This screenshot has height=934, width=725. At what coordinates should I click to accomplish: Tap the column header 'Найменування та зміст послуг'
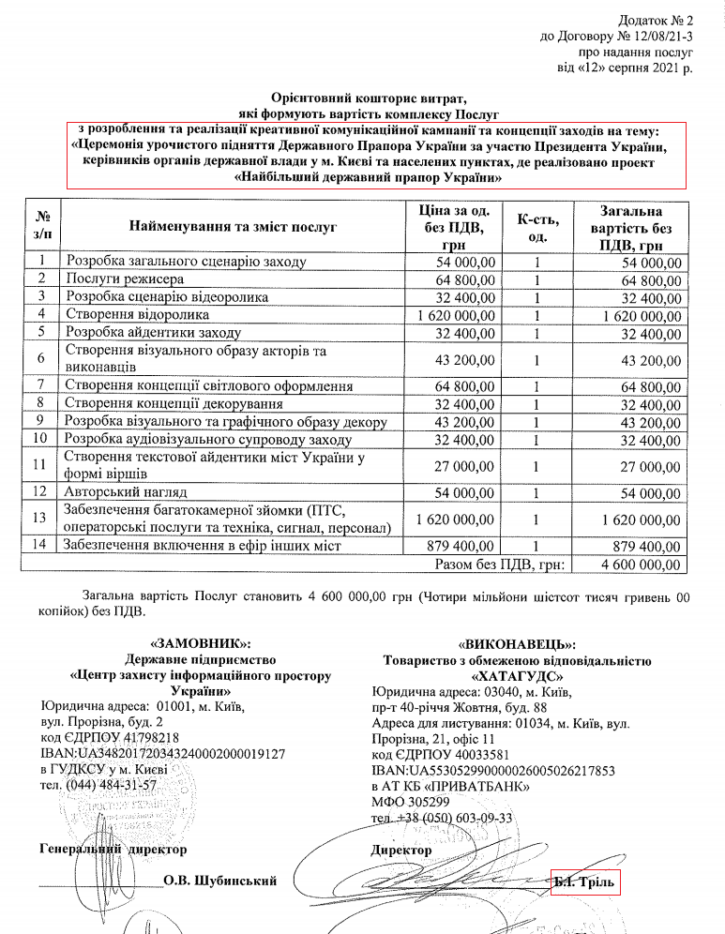(232, 227)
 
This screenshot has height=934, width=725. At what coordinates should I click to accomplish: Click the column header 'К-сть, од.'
(538, 228)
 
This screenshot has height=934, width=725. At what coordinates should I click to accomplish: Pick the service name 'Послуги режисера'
(125, 279)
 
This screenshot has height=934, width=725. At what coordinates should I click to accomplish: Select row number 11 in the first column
(39, 465)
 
